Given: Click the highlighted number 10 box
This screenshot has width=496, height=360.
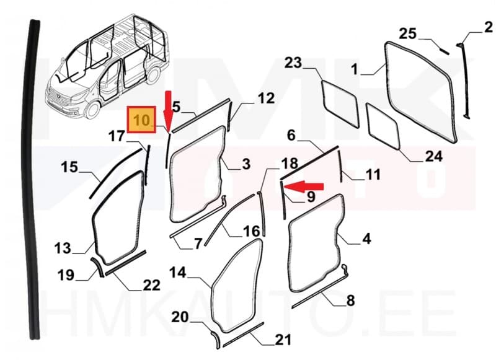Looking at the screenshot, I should point(142,120).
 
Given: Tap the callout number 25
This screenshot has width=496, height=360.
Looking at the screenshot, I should point(407,33).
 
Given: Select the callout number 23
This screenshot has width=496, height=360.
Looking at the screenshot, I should point(293,63).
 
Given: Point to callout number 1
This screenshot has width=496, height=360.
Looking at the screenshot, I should point(354,71).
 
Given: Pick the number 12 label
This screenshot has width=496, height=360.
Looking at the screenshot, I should point(265,98).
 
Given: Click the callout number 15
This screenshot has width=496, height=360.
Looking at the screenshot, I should point(69,167).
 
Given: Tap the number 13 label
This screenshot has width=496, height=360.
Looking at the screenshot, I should point(63,248).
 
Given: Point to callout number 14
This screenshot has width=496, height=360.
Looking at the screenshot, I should point(177,271).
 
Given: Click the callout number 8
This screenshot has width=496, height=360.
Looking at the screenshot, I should point(350,301).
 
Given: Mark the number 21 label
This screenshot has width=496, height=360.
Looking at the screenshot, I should point(283,339).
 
